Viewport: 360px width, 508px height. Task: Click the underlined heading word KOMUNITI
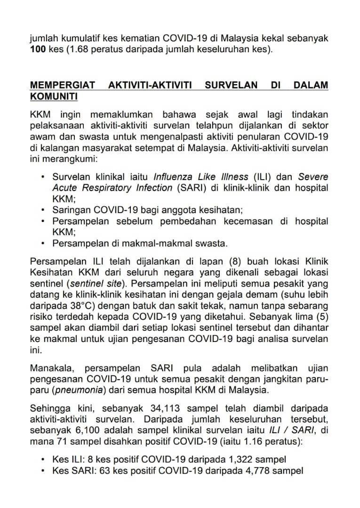point(54,96)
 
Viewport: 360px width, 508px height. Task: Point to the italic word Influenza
point(172,177)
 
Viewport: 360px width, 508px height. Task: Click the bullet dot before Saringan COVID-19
point(43,210)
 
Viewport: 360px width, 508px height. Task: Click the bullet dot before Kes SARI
point(43,470)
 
